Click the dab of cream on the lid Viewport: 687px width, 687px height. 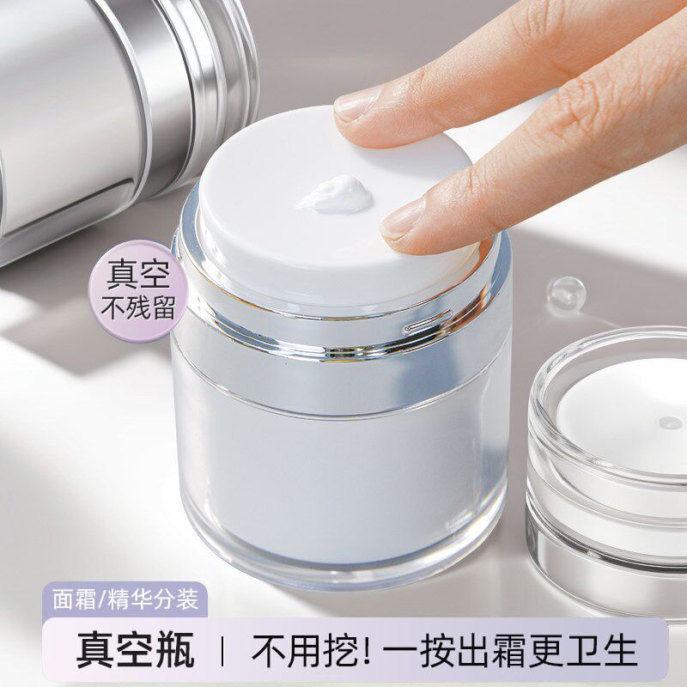[337, 194]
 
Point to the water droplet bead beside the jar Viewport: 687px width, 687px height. [568, 294]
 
